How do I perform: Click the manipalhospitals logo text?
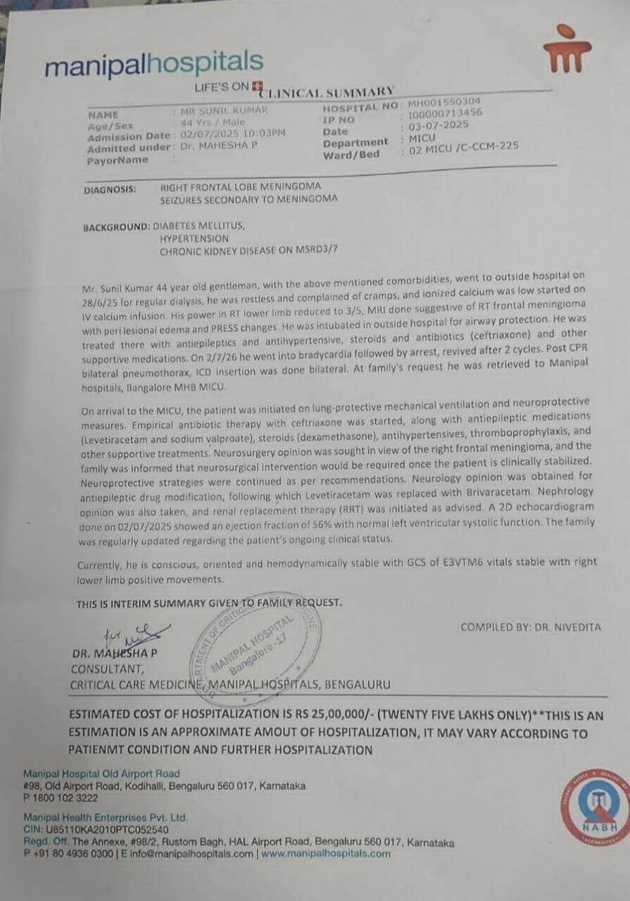pyautogui.click(x=153, y=65)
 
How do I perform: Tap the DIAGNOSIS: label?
pyautogui.click(x=109, y=189)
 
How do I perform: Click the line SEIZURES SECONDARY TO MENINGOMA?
pyautogui.click(x=248, y=199)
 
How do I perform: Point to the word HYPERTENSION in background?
pyautogui.click(x=194, y=239)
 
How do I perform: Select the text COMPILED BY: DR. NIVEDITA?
pyautogui.click(x=531, y=626)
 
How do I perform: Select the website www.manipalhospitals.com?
pyautogui.click(x=326, y=854)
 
